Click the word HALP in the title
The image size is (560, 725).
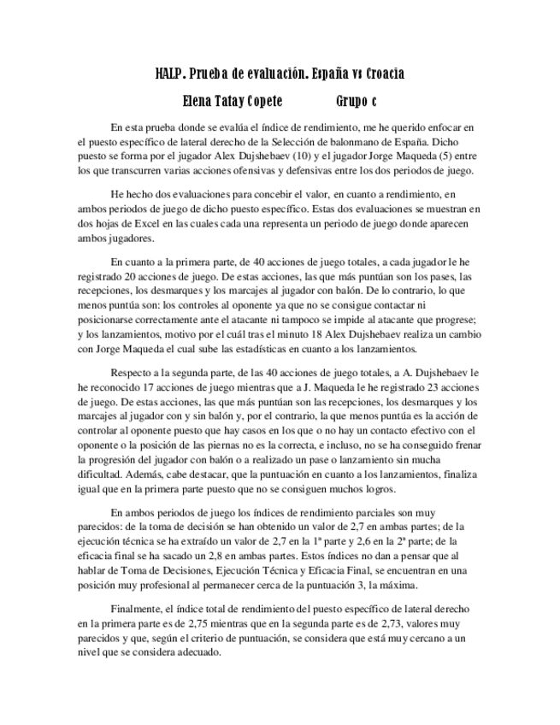pyautogui.click(x=170, y=74)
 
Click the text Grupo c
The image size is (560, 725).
pyautogui.click(x=356, y=100)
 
